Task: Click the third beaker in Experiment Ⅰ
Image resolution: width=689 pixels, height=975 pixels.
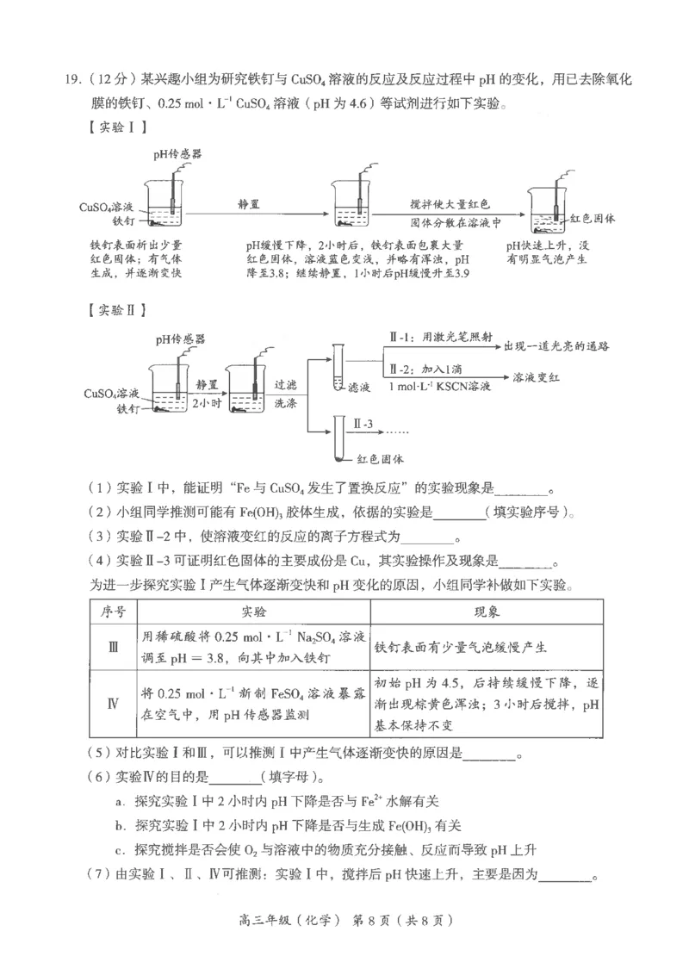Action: point(547,210)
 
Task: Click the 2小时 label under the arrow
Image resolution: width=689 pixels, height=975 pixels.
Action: point(208,401)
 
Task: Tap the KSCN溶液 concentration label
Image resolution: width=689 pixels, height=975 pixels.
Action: point(439,388)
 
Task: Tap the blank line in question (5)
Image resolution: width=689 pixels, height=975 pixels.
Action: point(488,756)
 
